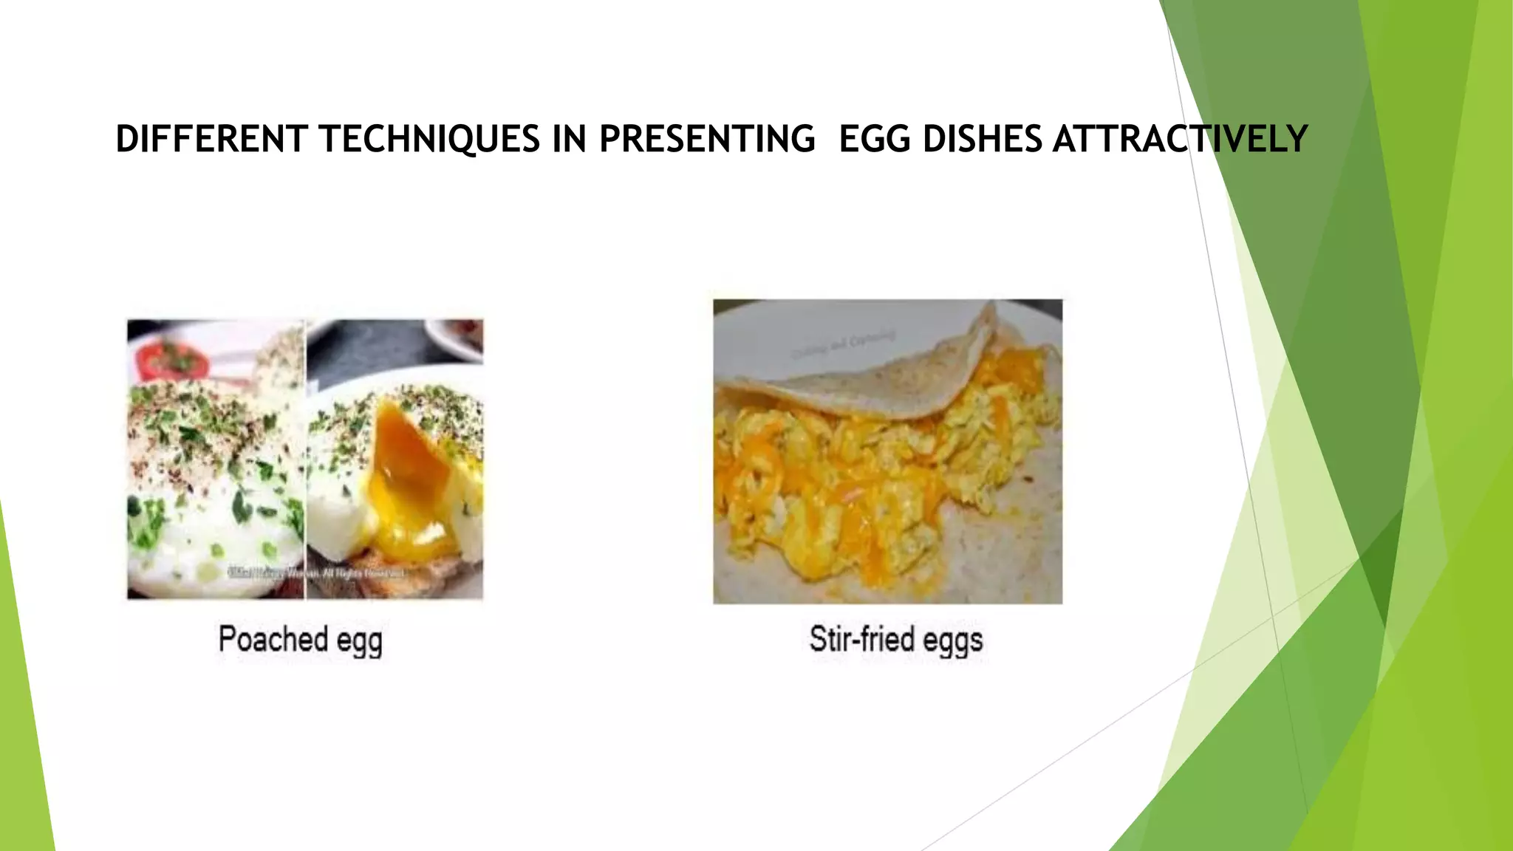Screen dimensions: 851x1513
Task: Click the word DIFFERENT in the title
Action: (211, 140)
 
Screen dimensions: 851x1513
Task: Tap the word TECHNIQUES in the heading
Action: (430, 140)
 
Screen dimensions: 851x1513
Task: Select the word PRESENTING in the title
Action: (707, 140)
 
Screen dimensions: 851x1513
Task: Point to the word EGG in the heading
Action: (875, 140)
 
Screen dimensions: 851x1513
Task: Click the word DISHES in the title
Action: (982, 140)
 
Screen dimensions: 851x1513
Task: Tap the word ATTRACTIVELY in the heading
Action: (1180, 140)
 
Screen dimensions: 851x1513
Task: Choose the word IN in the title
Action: (570, 140)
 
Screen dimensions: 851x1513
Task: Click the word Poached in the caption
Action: (273, 639)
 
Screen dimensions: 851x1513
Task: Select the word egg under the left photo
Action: (360, 642)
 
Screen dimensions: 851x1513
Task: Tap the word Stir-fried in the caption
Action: (862, 639)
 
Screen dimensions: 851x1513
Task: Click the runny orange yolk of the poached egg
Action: (407, 473)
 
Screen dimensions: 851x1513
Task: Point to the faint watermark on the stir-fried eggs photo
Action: (843, 344)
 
